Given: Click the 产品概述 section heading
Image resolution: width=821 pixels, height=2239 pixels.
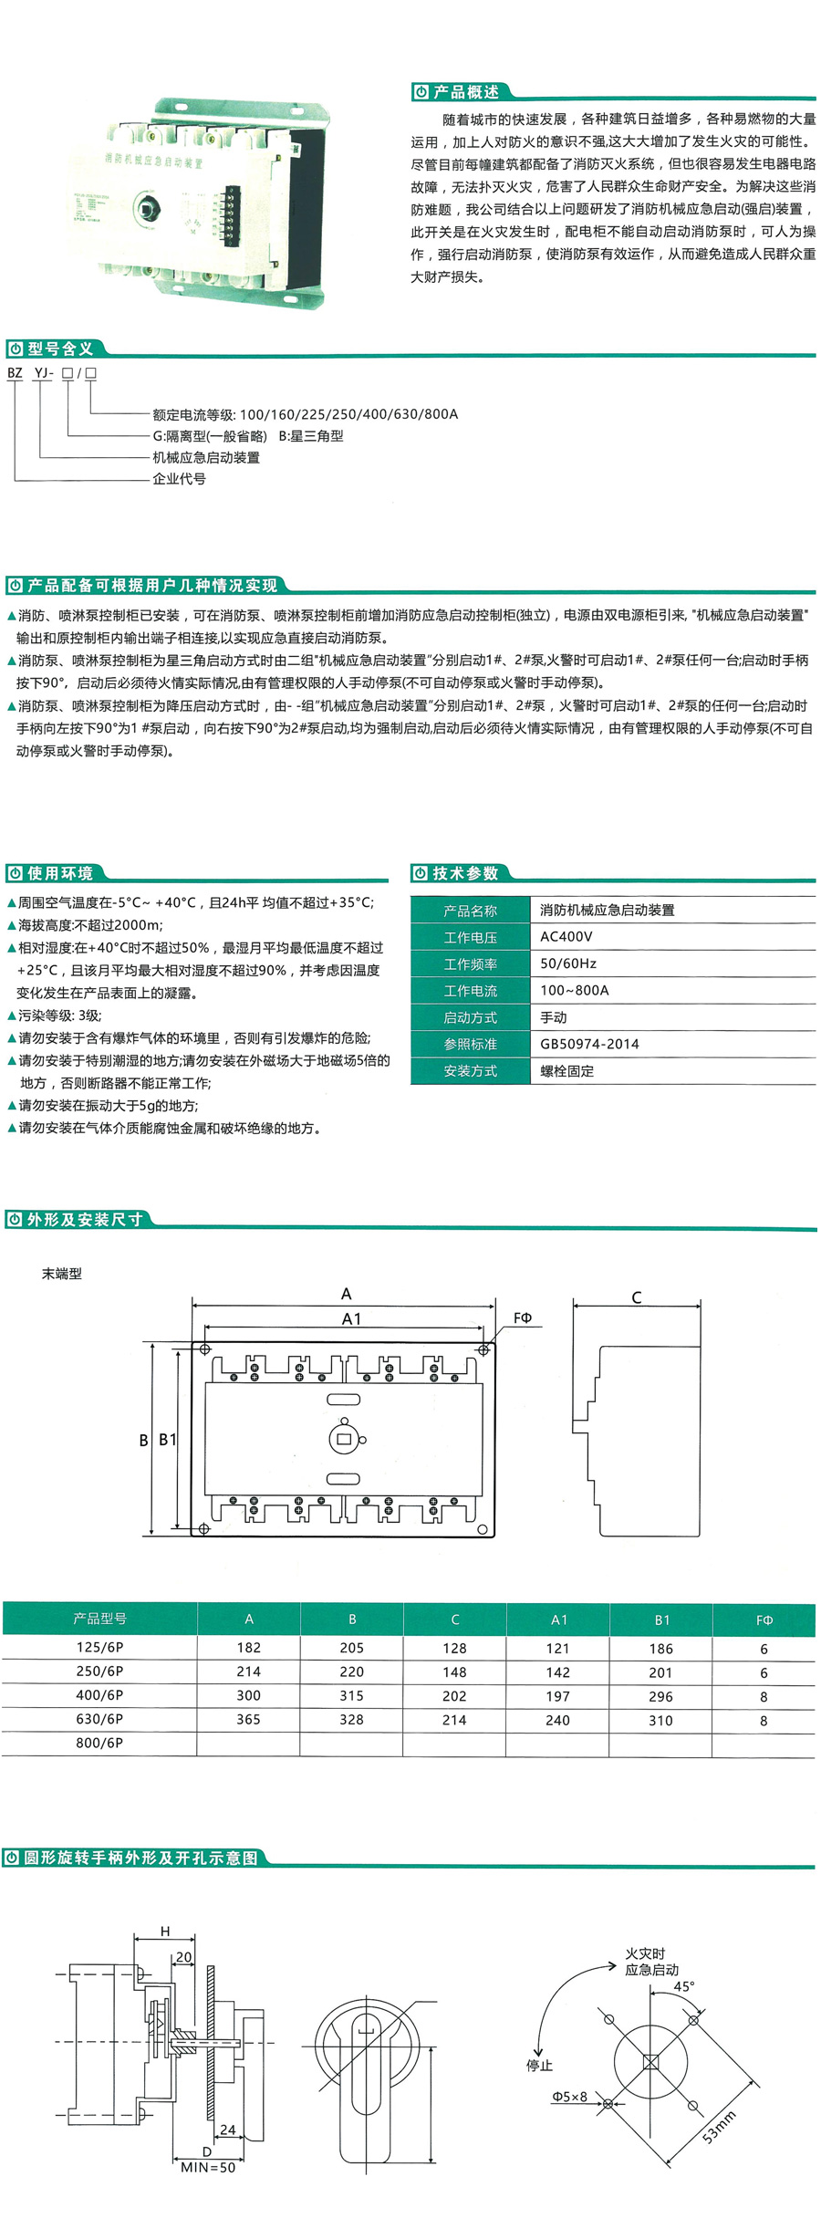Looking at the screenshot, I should pos(465,92).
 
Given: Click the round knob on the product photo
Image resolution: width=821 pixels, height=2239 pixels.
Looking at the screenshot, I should pos(146,207).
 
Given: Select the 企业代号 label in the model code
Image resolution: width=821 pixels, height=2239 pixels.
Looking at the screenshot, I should pos(179,479).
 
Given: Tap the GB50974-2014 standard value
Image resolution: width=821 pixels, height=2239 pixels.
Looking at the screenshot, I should pos(589,1044).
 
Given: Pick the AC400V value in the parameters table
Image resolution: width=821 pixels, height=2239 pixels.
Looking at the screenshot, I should pos(566,936).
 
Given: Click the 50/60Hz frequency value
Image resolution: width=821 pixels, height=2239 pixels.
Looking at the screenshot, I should pos(567,963).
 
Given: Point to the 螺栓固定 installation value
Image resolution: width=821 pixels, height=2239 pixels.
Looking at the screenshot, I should pos(566,1071).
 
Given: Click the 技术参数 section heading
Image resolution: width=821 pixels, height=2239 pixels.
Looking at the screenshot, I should pos(465,873).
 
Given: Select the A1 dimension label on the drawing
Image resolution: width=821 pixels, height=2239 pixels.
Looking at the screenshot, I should pos(351,1318).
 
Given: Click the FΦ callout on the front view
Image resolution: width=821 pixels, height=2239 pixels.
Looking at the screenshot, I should pos(522,1317).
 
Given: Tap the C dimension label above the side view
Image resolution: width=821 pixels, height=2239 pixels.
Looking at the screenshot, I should pos(636,1297).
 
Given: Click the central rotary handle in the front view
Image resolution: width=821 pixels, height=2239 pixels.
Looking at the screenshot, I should pos(344,1439).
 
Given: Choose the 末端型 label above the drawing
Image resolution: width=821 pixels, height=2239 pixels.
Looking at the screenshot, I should pos(62,1274).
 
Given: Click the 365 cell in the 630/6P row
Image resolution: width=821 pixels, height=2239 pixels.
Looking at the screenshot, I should pos(248,1719).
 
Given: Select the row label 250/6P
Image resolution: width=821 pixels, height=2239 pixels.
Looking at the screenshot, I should pos(99,1671).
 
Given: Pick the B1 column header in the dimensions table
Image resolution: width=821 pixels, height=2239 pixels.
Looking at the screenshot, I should pos(661,1619).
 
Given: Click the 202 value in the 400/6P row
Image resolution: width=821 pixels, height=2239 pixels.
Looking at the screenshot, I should pos(454,1695).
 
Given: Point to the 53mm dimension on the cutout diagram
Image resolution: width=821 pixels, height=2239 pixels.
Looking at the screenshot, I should pos(719,2127).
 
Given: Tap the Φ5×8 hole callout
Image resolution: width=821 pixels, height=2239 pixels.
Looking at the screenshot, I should pos(570,2097).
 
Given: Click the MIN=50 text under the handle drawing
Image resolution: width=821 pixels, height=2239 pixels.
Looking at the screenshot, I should pos(208,2167).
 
